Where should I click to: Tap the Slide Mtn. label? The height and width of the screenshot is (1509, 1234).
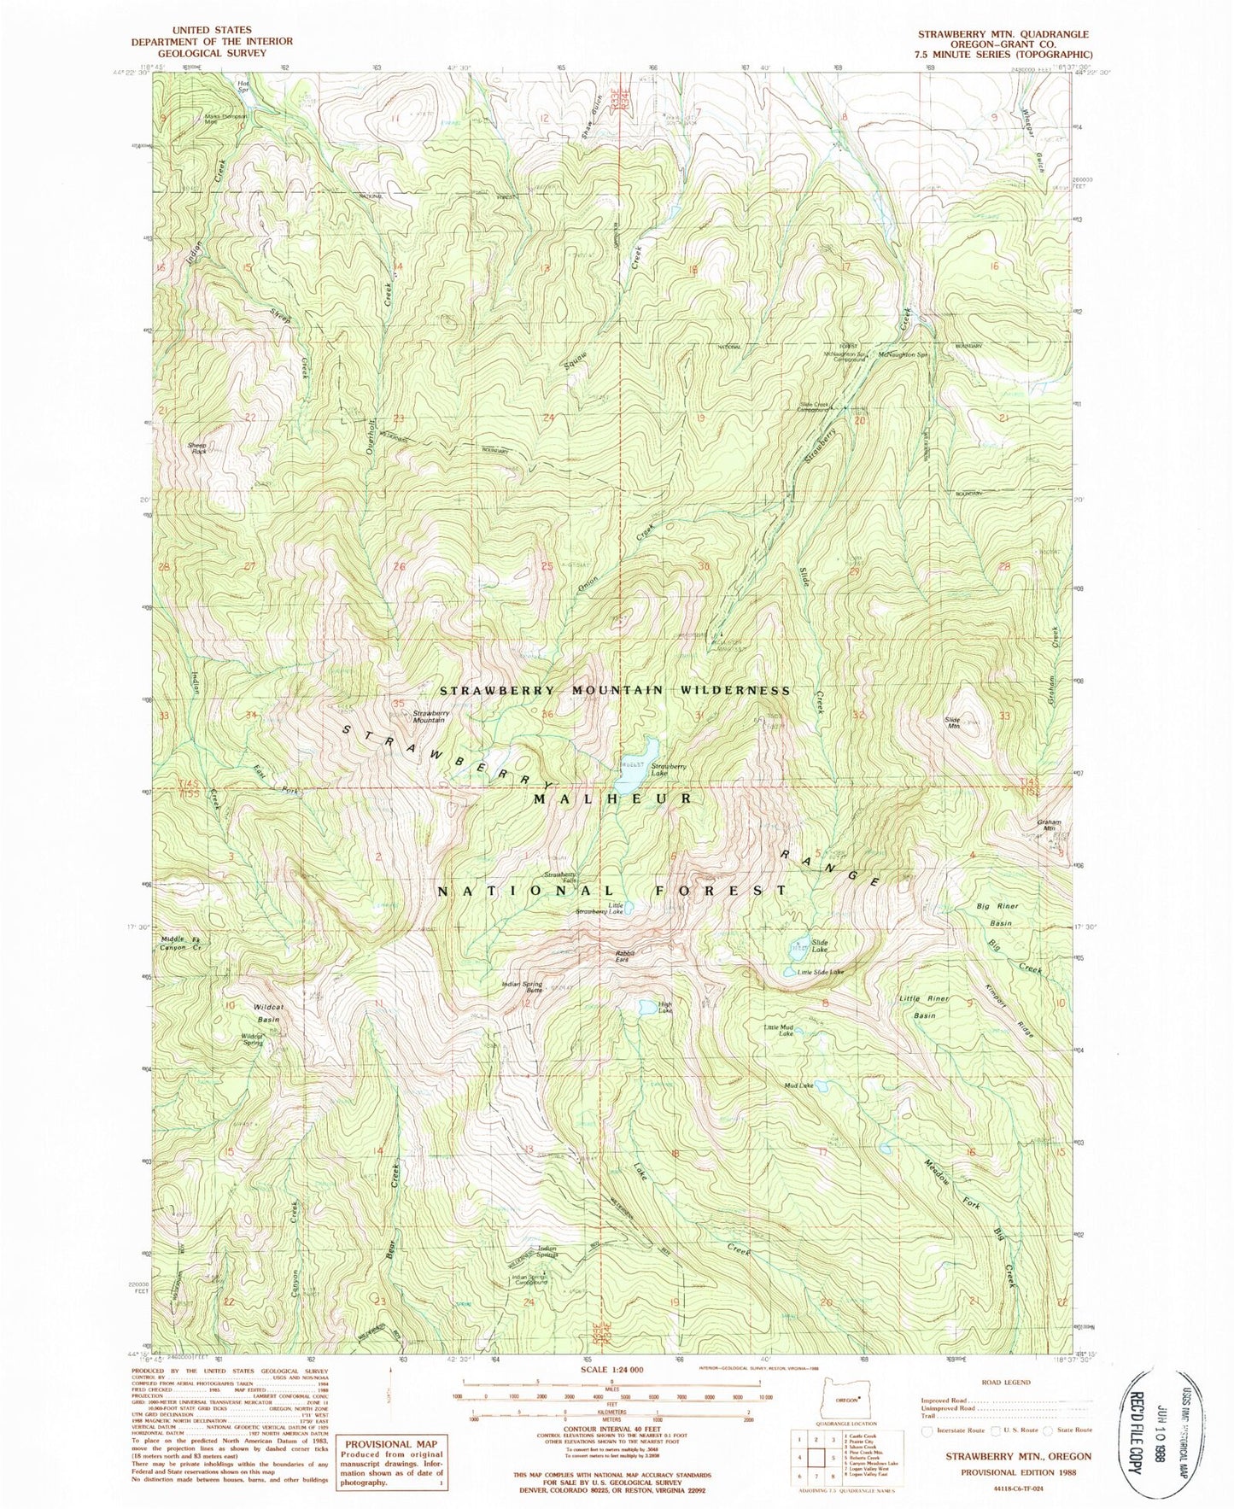(x=953, y=722)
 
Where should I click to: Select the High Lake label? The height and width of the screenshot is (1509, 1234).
(x=665, y=1009)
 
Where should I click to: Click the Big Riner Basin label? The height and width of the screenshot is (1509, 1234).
(x=994, y=914)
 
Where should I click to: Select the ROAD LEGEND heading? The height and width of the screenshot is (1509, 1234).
(x=1007, y=1381)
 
